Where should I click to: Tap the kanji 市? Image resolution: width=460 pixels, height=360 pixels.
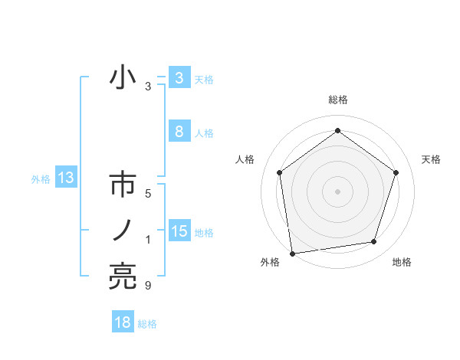123,186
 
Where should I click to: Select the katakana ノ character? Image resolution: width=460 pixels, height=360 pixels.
123,230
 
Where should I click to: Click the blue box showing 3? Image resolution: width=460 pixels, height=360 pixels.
179,78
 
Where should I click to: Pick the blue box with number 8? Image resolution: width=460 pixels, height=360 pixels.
179,132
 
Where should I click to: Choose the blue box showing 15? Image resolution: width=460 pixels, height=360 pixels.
179,231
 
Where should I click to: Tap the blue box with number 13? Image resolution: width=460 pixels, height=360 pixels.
65,178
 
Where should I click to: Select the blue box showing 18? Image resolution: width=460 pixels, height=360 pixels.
123,322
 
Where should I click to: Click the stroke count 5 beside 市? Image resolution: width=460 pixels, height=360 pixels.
148,194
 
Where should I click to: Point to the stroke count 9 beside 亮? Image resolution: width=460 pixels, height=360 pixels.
148,286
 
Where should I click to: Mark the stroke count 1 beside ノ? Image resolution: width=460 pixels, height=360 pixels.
148,241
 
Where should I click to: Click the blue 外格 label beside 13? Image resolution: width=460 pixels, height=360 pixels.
41,179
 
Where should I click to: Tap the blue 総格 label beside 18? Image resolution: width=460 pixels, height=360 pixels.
147,324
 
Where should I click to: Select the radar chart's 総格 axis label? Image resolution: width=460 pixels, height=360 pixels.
337,100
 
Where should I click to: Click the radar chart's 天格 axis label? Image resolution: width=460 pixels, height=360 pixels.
431,159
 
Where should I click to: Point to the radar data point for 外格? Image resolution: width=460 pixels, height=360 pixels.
292,253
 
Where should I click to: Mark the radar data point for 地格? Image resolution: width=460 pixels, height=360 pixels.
374,242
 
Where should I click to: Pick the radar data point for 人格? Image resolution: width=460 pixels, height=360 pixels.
279,172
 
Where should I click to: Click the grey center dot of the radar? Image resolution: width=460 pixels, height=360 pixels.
337,191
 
